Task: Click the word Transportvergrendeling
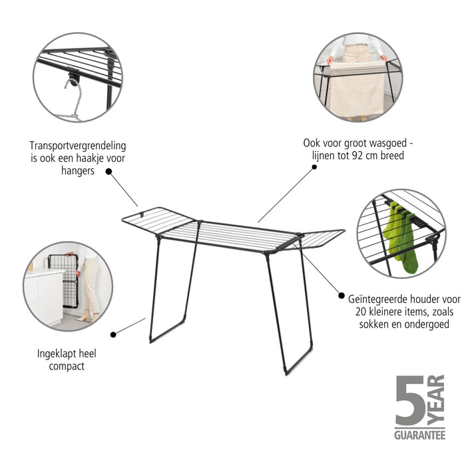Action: click(78, 146)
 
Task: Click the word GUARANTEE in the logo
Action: click(419, 435)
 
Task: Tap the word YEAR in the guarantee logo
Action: click(436, 400)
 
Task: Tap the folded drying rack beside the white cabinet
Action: click(64, 280)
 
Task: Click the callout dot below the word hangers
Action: click(109, 172)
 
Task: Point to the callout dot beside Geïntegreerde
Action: click(342, 296)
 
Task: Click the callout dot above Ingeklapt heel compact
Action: click(113, 335)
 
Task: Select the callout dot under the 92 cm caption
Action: click(314, 167)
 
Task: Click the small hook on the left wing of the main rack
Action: click(142, 214)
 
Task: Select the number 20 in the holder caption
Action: click(361, 312)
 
